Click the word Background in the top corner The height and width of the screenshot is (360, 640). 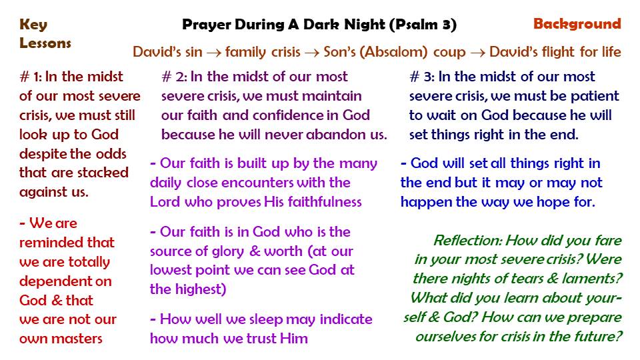[x=577, y=24]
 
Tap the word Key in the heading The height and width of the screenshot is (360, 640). [x=33, y=25]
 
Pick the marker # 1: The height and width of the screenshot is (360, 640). [x=31, y=77]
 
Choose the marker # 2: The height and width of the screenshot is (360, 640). [x=174, y=77]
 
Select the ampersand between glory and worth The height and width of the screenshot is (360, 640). [x=254, y=251]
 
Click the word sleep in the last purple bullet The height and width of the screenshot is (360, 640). [x=261, y=319]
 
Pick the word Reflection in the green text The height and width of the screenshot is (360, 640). [x=467, y=241]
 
